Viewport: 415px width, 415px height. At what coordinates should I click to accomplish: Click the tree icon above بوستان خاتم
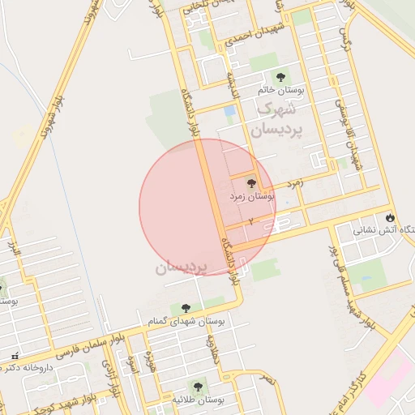click(280, 78)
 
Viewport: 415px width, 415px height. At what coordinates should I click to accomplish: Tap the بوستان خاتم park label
click(280, 91)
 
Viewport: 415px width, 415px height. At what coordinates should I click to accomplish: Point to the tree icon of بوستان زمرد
click(250, 184)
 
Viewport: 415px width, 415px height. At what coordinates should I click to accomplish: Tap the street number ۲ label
click(251, 221)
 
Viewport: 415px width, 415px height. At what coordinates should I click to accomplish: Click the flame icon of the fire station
click(391, 218)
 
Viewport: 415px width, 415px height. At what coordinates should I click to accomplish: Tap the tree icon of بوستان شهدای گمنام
click(186, 308)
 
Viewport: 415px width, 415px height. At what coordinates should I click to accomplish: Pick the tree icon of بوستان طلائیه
click(195, 387)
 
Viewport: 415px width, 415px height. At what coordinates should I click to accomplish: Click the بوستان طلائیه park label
click(198, 400)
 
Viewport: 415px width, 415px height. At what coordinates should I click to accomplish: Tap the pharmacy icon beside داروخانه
click(14, 357)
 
